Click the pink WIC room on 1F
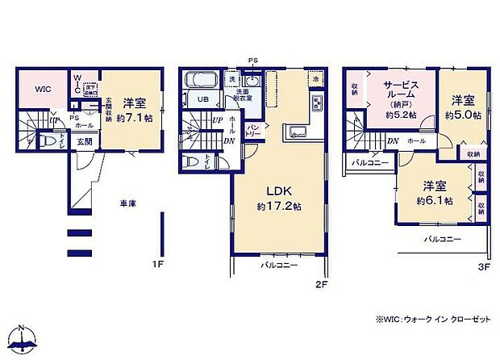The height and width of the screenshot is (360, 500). (42, 90)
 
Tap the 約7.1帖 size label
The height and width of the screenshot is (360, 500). (133, 118)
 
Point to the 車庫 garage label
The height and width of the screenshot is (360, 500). (128, 204)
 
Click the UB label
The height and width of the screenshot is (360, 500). (204, 99)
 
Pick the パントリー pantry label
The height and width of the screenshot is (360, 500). (252, 129)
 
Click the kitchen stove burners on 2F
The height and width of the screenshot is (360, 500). (317, 103)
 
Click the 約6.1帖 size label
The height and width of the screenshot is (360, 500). (433, 199)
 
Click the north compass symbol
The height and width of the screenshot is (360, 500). (24, 340)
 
